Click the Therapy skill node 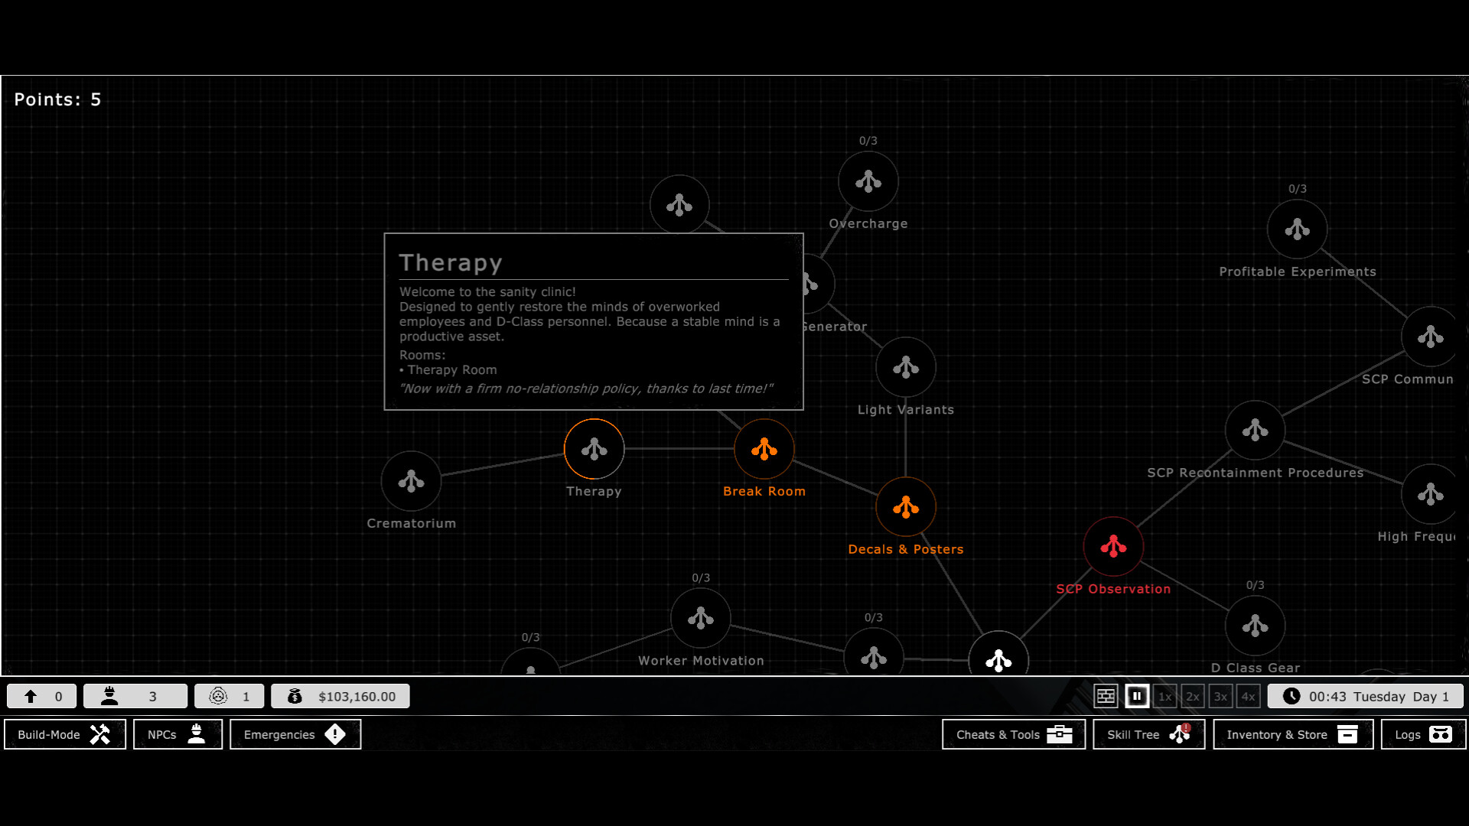point(594,449)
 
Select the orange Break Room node point(764,449)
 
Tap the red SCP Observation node point(1113,546)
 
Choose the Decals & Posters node point(905,507)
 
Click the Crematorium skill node point(411,481)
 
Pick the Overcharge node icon point(868,181)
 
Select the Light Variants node point(905,367)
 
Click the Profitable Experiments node point(1297,229)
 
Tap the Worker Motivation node point(700,618)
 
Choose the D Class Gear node point(1255,626)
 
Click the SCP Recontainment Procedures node point(1255,430)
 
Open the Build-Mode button point(65,734)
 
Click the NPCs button point(178,734)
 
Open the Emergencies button point(295,734)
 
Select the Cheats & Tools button point(1013,734)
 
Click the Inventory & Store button point(1292,734)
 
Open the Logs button point(1422,734)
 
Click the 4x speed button point(1248,696)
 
